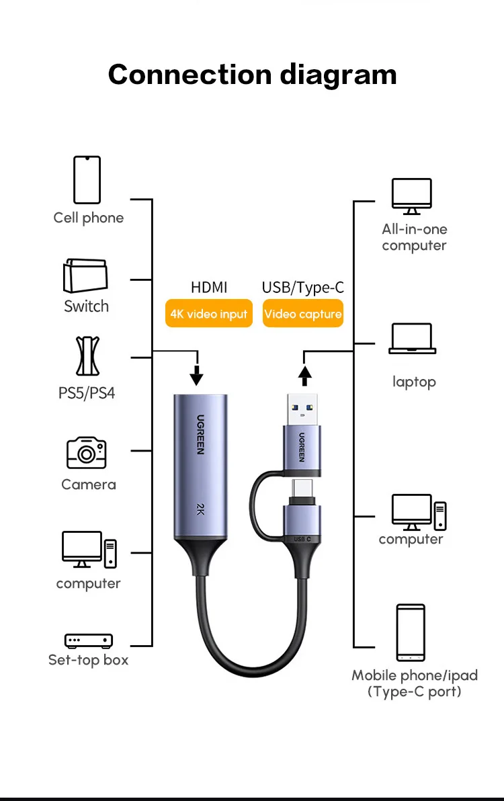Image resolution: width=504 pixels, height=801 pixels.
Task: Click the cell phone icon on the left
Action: pyautogui.click(x=87, y=179)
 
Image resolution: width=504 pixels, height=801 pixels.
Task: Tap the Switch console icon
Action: pyautogui.click(x=85, y=276)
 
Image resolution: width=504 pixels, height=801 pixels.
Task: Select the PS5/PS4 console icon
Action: pyautogui.click(x=87, y=356)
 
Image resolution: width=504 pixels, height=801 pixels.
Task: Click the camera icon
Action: pyautogui.click(x=87, y=453)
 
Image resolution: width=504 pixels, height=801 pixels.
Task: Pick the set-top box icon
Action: pyautogui.click(x=88, y=640)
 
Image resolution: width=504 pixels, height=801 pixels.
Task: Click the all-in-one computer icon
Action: pyautogui.click(x=412, y=197)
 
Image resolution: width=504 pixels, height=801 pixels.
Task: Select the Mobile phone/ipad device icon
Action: pyautogui.click(x=410, y=633)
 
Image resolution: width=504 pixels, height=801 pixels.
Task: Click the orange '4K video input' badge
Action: pyautogui.click(x=209, y=314)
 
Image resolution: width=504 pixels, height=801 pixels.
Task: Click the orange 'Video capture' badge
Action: pyautogui.click(x=303, y=314)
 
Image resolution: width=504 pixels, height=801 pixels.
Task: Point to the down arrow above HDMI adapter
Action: pyautogui.click(x=196, y=374)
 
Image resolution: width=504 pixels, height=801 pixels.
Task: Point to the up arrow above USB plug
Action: pyautogui.click(x=305, y=374)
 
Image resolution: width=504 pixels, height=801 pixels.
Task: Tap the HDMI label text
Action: pyautogui.click(x=209, y=288)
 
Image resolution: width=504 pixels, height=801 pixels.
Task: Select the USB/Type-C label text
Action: pyautogui.click(x=303, y=288)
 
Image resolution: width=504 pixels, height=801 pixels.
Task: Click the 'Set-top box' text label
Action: pyautogui.click(x=88, y=660)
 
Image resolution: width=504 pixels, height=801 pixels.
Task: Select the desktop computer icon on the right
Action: pyautogui.click(x=419, y=513)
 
